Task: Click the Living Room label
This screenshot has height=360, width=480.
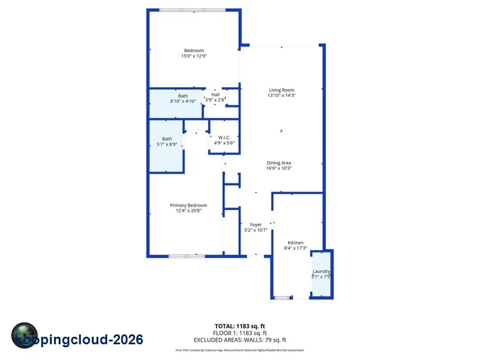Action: coord(282,90)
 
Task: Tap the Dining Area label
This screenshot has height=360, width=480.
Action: coord(279,163)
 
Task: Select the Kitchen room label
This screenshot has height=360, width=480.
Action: coord(296,243)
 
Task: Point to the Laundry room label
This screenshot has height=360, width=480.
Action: coord(321,271)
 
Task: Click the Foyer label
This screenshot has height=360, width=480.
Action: coord(256,224)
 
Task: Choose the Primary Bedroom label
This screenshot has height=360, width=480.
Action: coord(188,205)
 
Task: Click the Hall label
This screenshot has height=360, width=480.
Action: coord(215,94)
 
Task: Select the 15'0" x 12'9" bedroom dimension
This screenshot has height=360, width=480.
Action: coord(194,56)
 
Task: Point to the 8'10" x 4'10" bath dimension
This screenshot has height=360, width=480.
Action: coord(183,101)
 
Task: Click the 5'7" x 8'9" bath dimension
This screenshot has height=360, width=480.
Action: coord(167,144)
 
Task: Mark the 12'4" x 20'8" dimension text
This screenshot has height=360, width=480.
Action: coord(188,211)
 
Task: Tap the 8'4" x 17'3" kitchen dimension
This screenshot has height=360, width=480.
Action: coord(296,248)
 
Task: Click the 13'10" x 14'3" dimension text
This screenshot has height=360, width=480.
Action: coord(282,95)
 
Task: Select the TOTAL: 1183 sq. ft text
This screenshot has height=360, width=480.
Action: coord(240,326)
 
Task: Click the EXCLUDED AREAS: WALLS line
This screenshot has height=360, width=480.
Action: coord(240,340)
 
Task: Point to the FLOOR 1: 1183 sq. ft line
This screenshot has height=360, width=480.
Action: coord(240,333)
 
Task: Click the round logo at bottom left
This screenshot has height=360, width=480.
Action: coord(24,336)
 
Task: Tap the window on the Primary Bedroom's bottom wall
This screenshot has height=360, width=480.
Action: coord(186,255)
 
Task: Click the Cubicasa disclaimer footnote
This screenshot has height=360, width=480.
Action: coord(240,350)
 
